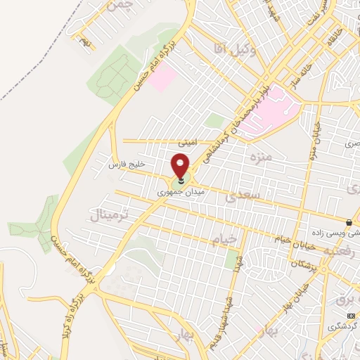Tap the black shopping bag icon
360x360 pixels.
(x=349, y=222)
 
